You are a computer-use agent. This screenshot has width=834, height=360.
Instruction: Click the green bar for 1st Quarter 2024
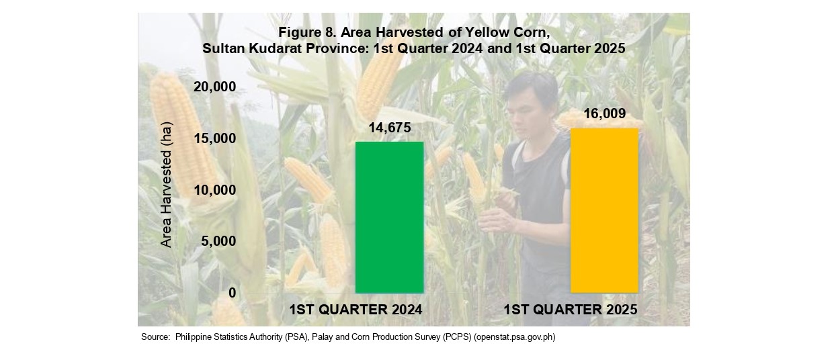coord(390,218)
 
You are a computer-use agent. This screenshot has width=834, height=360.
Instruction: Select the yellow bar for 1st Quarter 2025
coord(604,211)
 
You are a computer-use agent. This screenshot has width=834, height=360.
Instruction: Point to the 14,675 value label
coord(390,128)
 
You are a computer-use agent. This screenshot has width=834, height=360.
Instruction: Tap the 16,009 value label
coord(605,114)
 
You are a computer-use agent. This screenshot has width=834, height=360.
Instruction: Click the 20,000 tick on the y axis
coord(215,87)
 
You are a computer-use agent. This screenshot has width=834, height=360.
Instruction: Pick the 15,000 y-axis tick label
coord(215,138)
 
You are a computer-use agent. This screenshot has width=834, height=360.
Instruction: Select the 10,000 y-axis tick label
coord(215,190)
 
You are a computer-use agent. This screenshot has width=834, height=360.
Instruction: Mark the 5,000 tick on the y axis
coord(218,241)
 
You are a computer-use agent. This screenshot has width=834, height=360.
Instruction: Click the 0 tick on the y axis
coord(233,293)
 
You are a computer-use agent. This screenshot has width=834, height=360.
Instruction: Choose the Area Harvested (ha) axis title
coord(166,185)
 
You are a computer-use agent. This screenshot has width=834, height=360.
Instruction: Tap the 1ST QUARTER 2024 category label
coord(356,310)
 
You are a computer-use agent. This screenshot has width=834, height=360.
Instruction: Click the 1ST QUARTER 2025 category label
coord(571,310)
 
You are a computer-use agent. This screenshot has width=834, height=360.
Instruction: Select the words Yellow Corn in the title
coord(506,32)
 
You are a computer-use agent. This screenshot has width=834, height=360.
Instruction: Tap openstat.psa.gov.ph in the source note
coord(515,337)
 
